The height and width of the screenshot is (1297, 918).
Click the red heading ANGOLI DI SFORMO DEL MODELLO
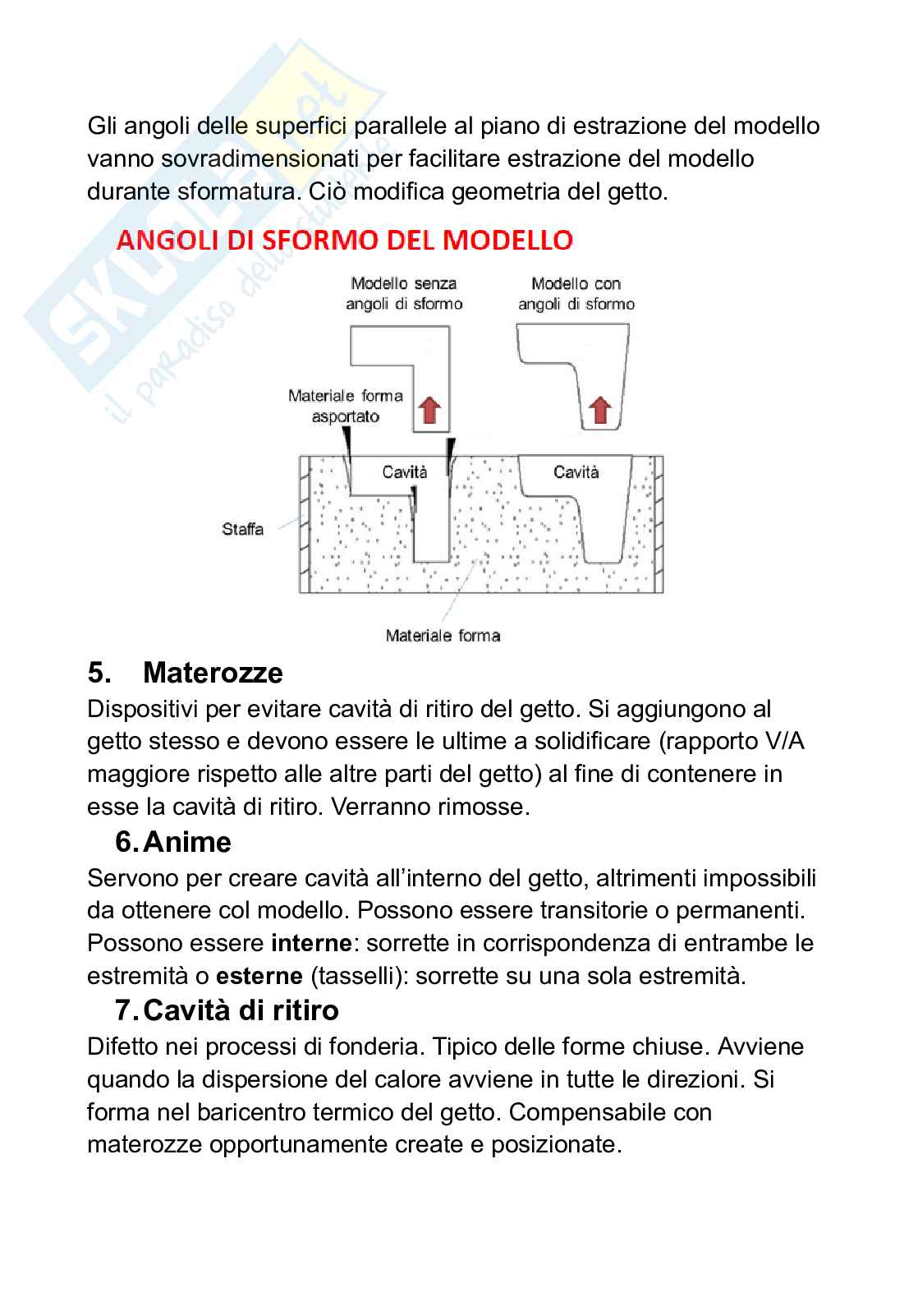tap(345, 240)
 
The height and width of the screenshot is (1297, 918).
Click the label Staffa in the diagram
tap(243, 529)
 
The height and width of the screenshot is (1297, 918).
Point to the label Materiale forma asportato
tap(346, 406)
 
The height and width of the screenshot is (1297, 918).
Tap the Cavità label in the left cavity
tap(406, 472)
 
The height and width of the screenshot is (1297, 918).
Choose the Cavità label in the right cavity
tap(576, 471)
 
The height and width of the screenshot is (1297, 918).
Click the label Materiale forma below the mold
tap(443, 635)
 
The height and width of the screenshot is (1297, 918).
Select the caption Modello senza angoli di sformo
tap(404, 293)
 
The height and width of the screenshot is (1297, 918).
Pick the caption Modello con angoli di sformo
tap(576, 293)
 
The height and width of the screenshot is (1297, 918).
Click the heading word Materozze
tap(213, 673)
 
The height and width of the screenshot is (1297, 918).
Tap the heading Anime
tap(187, 842)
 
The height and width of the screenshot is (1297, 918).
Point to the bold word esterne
tap(259, 977)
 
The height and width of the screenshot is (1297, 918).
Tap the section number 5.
tap(99, 673)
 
